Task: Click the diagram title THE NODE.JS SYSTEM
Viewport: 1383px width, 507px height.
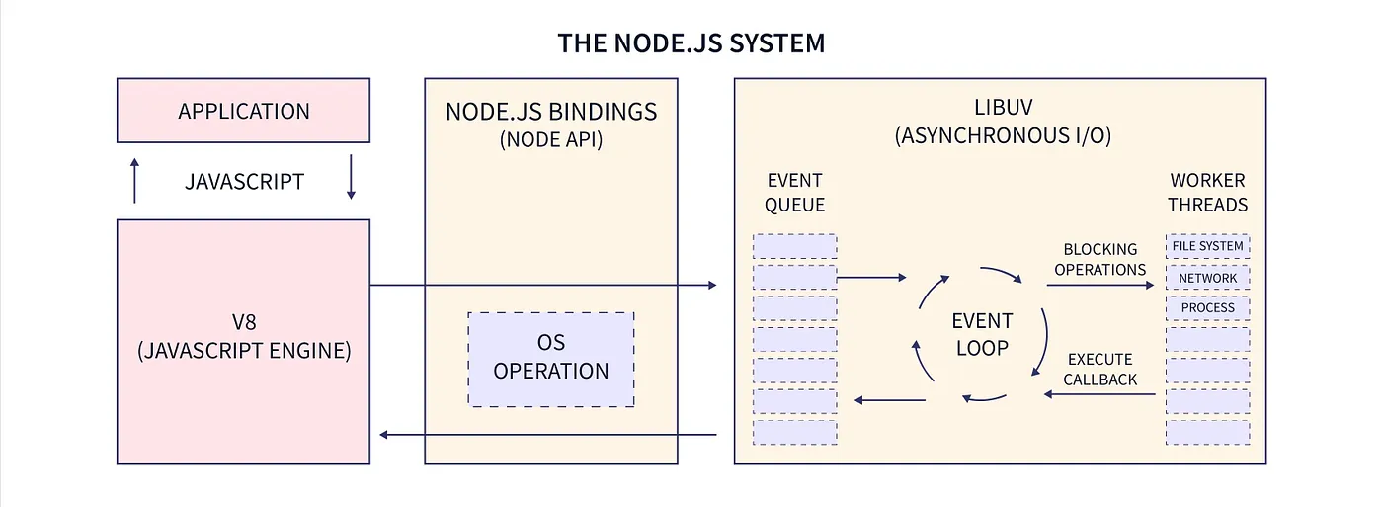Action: pyautogui.click(x=691, y=43)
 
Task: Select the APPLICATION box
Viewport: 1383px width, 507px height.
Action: pyautogui.click(x=243, y=111)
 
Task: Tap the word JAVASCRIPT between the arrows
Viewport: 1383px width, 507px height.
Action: pyautogui.click(x=244, y=182)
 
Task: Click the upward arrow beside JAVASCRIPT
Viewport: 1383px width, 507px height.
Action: pyautogui.click(x=134, y=180)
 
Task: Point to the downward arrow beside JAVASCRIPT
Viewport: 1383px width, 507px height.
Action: pyautogui.click(x=351, y=177)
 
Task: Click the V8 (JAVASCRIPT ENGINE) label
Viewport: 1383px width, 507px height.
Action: pyautogui.click(x=244, y=337)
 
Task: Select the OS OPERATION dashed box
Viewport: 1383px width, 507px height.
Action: pyautogui.click(x=551, y=360)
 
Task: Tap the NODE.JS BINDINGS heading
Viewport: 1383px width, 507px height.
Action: pyautogui.click(x=551, y=112)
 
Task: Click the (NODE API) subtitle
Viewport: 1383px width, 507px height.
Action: pyautogui.click(x=551, y=139)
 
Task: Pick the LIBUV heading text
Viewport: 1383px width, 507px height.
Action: pyautogui.click(x=1003, y=108)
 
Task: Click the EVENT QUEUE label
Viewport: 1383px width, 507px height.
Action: pyautogui.click(x=794, y=193)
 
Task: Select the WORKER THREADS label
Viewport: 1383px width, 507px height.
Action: pyautogui.click(x=1207, y=193)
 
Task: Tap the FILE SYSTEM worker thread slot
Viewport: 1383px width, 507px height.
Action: pyautogui.click(x=1207, y=246)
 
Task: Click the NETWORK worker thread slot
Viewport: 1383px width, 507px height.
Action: pyautogui.click(x=1207, y=278)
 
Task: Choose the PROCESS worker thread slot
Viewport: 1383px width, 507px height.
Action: pyautogui.click(x=1207, y=308)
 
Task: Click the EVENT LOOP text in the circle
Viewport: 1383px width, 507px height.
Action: pyautogui.click(x=982, y=335)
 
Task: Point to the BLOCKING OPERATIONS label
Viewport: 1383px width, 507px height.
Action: pyautogui.click(x=1099, y=259)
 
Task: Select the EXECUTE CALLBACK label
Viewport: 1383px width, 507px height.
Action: pyautogui.click(x=1099, y=370)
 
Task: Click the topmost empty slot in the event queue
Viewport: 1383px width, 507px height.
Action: pyautogui.click(x=794, y=246)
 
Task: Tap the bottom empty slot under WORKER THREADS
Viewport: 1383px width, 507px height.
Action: pyautogui.click(x=1207, y=432)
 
